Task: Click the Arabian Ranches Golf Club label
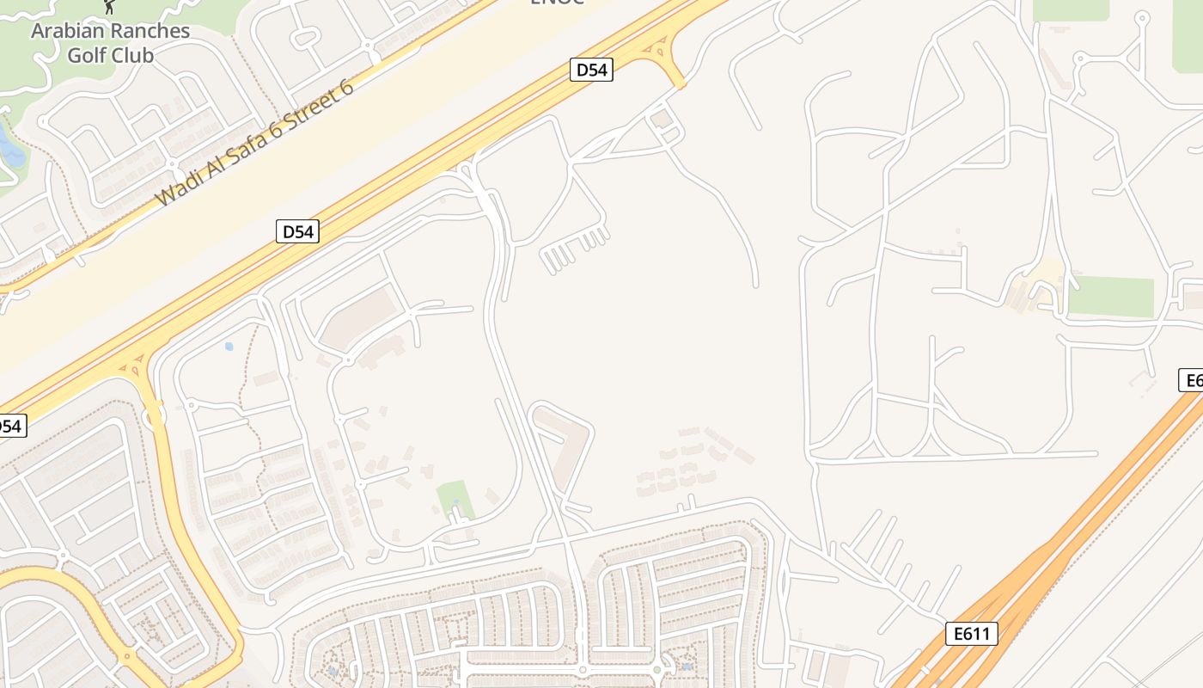pos(110,43)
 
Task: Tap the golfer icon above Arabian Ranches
pos(109,7)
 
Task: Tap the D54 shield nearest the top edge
pos(591,70)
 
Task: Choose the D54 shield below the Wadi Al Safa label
pos(297,230)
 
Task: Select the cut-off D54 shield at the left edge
pos(11,425)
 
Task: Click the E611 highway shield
pos(973,634)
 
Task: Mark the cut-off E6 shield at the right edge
pos(1192,380)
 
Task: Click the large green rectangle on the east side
pos(1110,297)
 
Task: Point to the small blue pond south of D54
pos(229,347)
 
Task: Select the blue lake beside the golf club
pos(10,149)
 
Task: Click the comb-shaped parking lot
pos(574,249)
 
